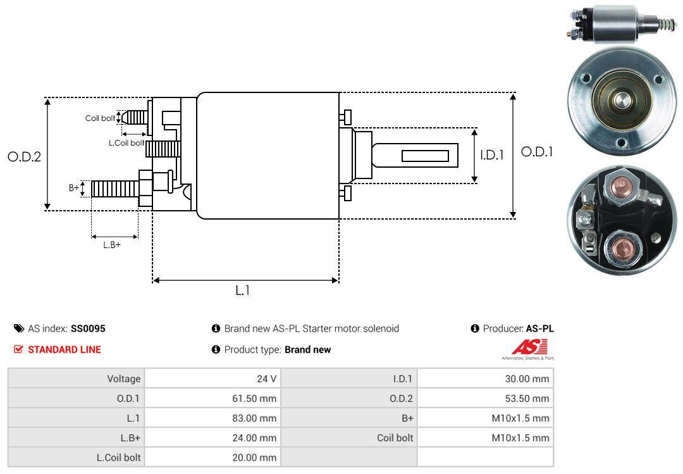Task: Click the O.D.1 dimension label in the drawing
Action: pyautogui.click(x=536, y=153)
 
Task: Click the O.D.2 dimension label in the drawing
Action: pyautogui.click(x=24, y=156)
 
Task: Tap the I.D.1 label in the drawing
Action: pyautogui.click(x=491, y=154)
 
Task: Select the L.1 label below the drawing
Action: pyautogui.click(x=243, y=290)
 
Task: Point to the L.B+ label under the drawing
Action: pyautogui.click(x=112, y=245)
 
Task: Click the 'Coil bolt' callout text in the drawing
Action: pyautogui.click(x=100, y=118)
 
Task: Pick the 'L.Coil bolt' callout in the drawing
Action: pyautogui.click(x=126, y=143)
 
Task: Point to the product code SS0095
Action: pyautogui.click(x=88, y=328)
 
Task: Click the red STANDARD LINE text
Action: pyautogui.click(x=64, y=349)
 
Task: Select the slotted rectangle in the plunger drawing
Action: pyautogui.click(x=425, y=156)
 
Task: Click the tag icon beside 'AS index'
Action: pyautogui.click(x=19, y=328)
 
